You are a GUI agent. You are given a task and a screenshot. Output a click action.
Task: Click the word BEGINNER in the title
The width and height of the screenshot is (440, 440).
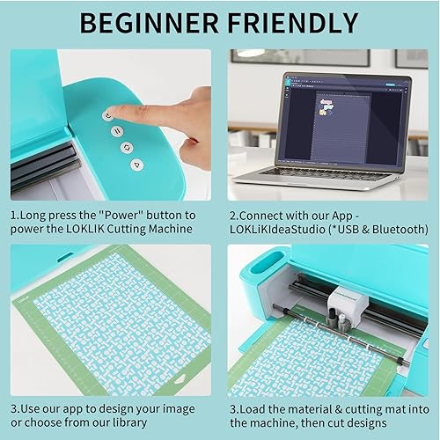(x=150, y=23)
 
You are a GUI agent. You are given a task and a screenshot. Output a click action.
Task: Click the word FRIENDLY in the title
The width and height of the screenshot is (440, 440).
(x=293, y=23)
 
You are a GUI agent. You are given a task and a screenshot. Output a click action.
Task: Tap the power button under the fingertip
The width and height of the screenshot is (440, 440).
(x=108, y=115)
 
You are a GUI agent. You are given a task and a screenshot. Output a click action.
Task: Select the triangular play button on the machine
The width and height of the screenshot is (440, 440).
(x=136, y=165)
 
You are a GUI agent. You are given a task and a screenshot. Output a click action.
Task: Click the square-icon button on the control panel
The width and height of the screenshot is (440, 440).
(x=127, y=148)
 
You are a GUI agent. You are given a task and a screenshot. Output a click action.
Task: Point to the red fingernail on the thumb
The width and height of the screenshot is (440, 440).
(x=193, y=140)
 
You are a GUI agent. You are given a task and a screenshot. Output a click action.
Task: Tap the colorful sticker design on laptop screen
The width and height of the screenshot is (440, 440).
(x=326, y=106)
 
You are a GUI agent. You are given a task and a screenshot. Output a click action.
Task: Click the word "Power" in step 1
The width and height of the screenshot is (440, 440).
(x=121, y=216)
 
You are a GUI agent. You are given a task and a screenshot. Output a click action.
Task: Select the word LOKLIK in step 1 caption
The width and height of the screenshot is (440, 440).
(x=85, y=229)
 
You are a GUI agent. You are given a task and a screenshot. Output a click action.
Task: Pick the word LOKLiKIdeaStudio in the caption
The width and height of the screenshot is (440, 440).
(x=277, y=230)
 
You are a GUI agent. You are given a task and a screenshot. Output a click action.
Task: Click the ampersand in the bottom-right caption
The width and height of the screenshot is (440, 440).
(x=339, y=409)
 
